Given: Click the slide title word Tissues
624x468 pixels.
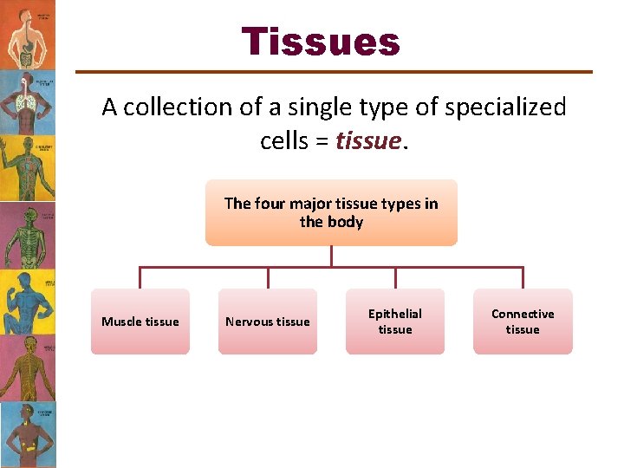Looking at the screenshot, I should [x=321, y=42].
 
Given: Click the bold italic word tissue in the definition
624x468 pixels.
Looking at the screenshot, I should [x=368, y=140].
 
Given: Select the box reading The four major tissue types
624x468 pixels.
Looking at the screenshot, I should [x=331, y=213].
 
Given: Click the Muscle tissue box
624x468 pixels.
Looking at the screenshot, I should [x=140, y=322].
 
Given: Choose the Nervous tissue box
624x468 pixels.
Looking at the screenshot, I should [x=267, y=322].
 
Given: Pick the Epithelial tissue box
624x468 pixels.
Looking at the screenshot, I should [x=395, y=322].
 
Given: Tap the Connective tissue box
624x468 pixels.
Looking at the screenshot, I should [x=523, y=322].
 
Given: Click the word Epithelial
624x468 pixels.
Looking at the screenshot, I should [x=395, y=314].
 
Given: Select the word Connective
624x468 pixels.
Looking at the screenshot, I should [x=523, y=314].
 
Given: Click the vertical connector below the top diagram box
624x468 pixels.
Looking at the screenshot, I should [x=331, y=257].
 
